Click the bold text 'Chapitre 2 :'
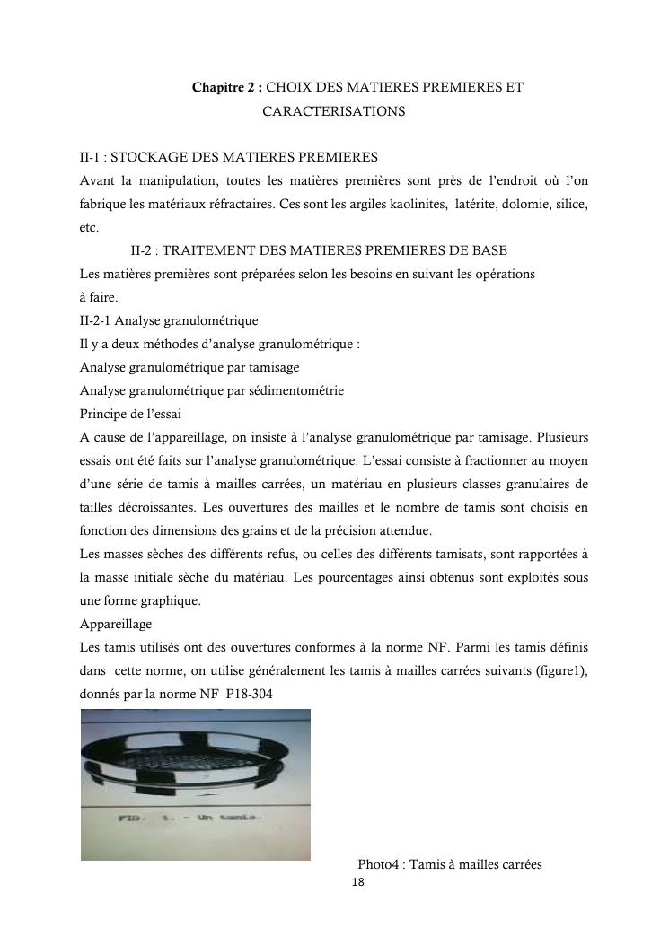coord(227,88)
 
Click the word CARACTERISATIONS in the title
coord(333,112)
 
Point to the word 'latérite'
coord(458,205)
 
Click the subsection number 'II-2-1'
coord(94,321)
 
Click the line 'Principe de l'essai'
coord(130,415)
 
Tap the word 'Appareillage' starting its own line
coord(116,625)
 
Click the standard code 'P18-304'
coord(250,695)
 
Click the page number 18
coord(358,883)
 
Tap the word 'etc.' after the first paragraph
coord(89,228)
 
